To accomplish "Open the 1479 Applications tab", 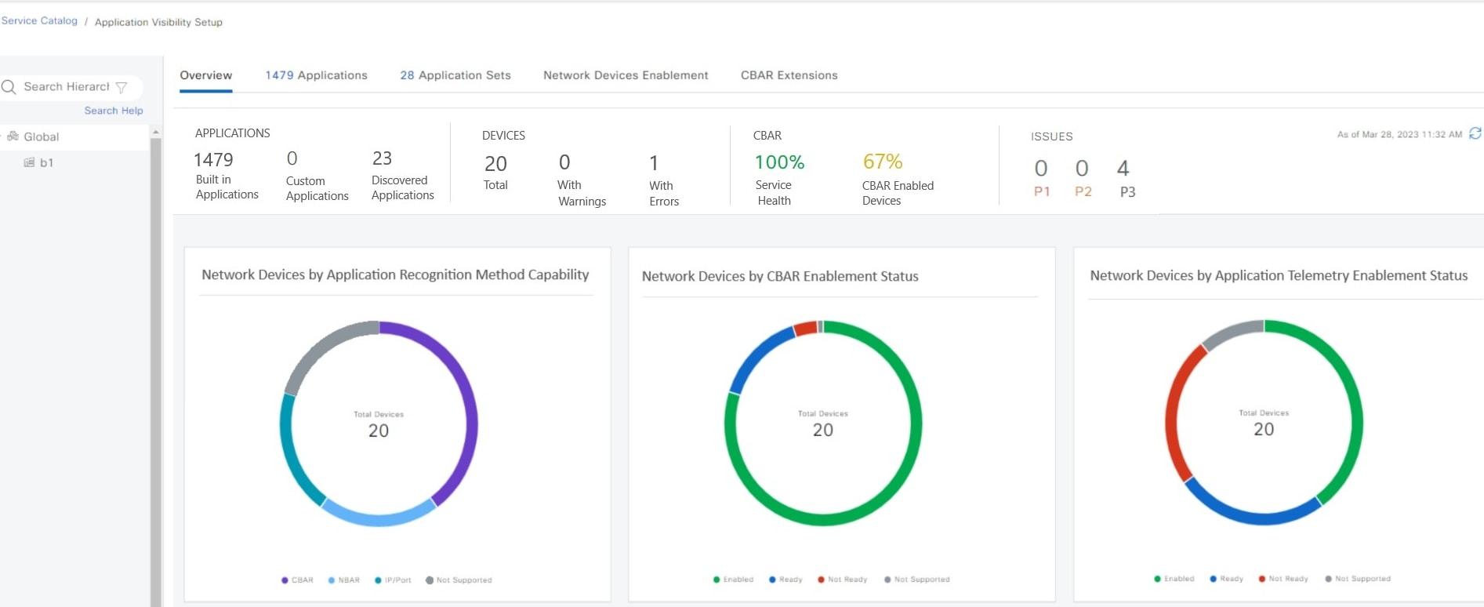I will click(x=316, y=75).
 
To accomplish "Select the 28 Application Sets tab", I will click(x=455, y=75).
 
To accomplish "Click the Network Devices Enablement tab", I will click(x=626, y=75).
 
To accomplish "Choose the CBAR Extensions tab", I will click(x=789, y=75).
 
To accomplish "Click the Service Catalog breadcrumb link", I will click(x=39, y=20).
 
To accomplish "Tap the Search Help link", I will click(x=114, y=111).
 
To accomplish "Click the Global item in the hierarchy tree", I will click(x=41, y=136).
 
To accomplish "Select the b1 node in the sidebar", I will click(x=46, y=162).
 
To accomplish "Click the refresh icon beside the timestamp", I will click(x=1475, y=133).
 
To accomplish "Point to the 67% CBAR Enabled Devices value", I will click(x=883, y=162).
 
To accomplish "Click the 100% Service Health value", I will click(x=779, y=162).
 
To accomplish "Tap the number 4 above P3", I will click(x=1123, y=168).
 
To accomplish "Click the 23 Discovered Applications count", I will click(x=382, y=158).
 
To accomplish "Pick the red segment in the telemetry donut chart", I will click(x=1173, y=416).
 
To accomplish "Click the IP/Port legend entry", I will click(x=394, y=580).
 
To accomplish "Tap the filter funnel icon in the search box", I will click(x=122, y=87).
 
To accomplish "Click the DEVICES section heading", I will click(x=503, y=136).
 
